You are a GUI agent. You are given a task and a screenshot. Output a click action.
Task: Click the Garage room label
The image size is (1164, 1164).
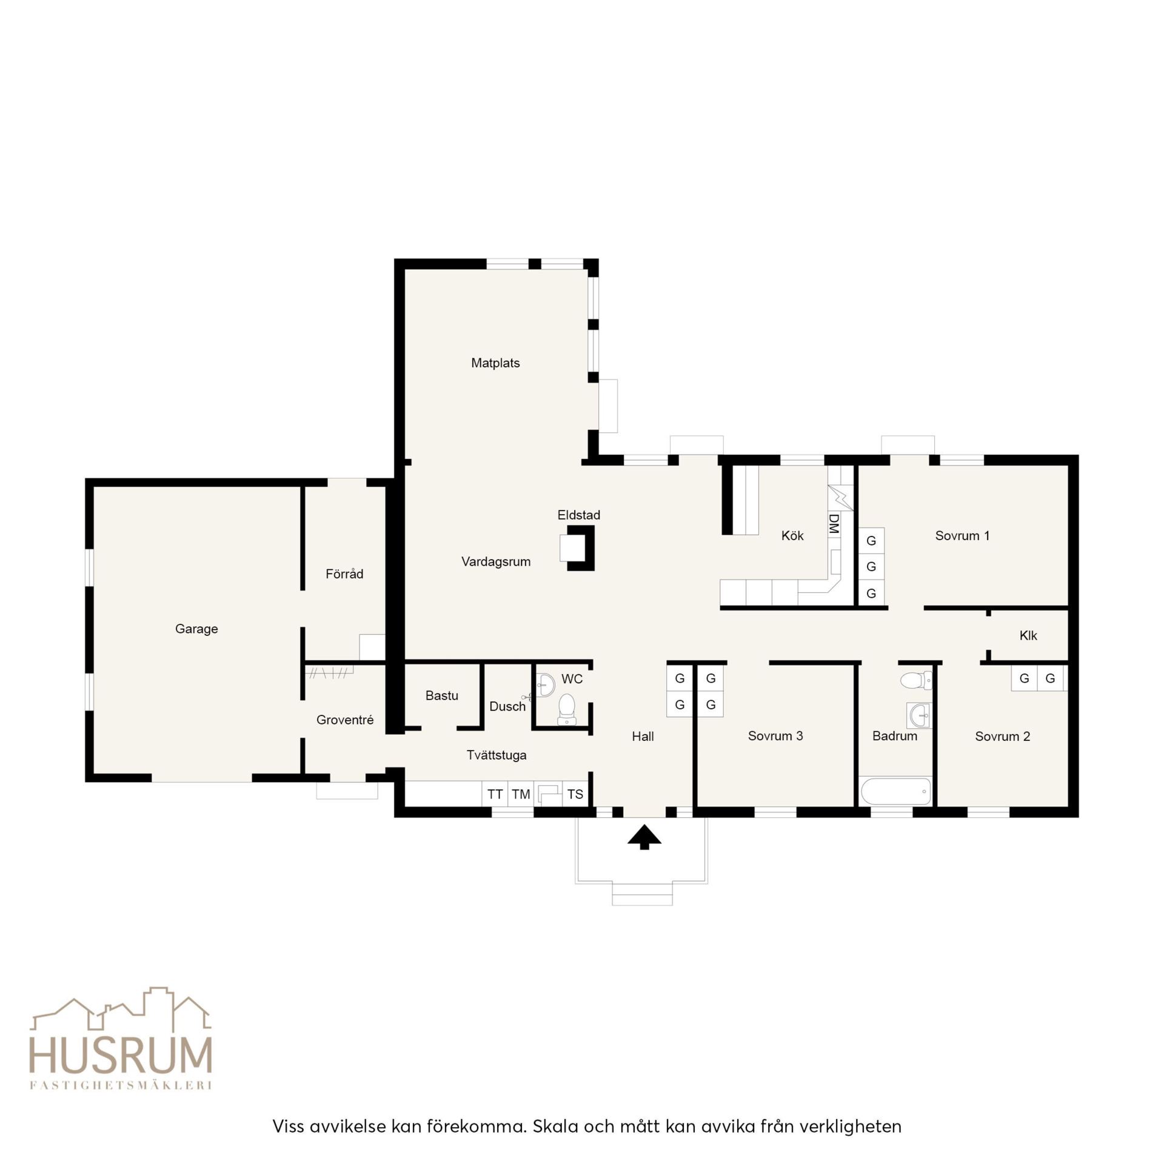(196, 629)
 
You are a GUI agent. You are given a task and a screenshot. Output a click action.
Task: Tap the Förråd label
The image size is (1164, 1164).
(344, 574)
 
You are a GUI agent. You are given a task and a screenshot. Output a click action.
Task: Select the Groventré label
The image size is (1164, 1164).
(345, 720)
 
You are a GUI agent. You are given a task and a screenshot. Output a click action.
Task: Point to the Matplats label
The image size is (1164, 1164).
(495, 363)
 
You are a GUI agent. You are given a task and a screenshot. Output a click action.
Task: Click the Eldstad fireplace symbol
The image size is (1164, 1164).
(577, 548)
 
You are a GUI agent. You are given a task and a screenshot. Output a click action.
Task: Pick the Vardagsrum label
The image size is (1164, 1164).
(496, 562)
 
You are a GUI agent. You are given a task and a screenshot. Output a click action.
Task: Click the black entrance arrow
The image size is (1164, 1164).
(644, 837)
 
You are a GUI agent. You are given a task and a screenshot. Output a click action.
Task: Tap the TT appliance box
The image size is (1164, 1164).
(495, 794)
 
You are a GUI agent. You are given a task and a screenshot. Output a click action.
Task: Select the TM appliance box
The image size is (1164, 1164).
(521, 794)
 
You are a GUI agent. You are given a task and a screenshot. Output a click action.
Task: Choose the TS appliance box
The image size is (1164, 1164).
(575, 794)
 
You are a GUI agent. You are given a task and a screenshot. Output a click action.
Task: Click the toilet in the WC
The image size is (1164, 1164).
(566, 709)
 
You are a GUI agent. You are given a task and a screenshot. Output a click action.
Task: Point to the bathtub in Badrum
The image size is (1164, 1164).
(896, 791)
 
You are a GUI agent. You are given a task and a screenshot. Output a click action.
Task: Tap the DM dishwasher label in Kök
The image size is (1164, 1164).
(834, 524)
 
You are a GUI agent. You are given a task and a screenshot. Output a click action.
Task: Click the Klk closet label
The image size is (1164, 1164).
(1028, 635)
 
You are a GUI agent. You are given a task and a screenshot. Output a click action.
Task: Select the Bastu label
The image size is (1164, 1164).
(442, 696)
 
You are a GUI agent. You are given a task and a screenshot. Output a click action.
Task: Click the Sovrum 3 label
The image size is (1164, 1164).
(775, 736)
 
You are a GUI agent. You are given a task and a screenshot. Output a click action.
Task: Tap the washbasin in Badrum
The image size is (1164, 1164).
(919, 715)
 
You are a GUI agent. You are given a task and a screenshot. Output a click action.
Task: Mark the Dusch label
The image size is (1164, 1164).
(507, 707)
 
